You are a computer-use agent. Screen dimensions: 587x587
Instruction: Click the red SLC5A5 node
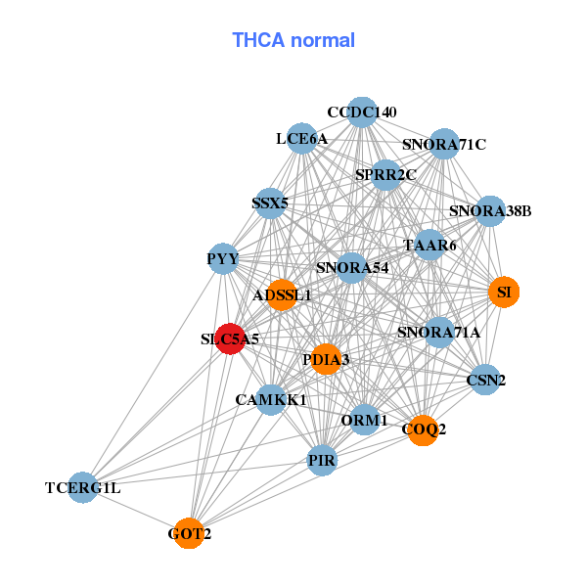coord(230,339)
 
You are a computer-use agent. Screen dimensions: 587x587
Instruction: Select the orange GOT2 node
coord(190,533)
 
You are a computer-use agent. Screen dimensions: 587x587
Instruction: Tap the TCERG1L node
coord(83,487)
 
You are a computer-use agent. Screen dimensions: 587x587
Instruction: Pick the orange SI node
coord(504,292)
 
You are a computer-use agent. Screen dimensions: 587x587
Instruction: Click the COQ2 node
coord(423,429)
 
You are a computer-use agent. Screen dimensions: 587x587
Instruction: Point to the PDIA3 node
coord(326,359)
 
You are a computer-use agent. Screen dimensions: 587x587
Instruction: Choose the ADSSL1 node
coord(282,294)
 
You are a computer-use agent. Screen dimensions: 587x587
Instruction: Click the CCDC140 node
coord(362,113)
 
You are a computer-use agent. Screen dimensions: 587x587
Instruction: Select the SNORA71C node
coord(444,145)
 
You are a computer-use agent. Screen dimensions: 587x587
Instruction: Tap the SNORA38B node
coord(490,210)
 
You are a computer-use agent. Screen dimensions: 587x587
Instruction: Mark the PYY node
coord(223,259)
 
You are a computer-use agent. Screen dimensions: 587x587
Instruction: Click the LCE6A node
coord(301,139)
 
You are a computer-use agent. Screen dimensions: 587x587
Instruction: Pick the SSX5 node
coord(269,203)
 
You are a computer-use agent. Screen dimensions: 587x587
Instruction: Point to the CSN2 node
coord(485,379)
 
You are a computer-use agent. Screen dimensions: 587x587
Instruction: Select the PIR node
coord(322,459)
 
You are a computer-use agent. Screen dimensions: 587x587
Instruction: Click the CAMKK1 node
coord(271,399)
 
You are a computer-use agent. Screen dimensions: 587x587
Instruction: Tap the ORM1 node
coord(365,421)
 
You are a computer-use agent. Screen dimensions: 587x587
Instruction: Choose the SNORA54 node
coord(352,267)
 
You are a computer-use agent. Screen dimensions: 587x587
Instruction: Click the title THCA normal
coord(293,40)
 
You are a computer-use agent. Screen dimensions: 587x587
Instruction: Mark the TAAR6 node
coord(430,246)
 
